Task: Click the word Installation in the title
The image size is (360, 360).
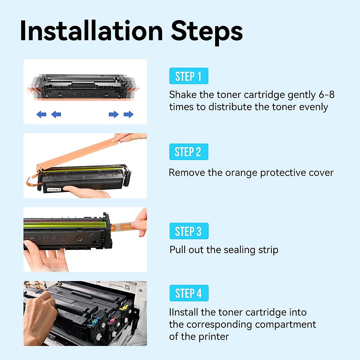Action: (91, 31)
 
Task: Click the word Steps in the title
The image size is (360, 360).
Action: (207, 31)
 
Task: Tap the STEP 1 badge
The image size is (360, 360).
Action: (188, 76)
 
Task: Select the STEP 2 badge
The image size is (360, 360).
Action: (188, 152)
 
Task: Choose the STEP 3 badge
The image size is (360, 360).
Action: (189, 231)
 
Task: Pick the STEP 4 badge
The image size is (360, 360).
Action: (189, 293)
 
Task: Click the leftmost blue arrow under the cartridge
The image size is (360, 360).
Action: (41, 114)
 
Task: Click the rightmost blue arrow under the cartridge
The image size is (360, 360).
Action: (129, 114)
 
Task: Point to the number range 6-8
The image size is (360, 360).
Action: (326, 95)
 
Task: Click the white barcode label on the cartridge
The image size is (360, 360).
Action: (54, 190)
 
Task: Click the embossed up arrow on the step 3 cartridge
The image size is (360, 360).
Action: (93, 237)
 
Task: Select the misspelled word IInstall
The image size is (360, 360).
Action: (184, 312)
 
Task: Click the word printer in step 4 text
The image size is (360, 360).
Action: (214, 337)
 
